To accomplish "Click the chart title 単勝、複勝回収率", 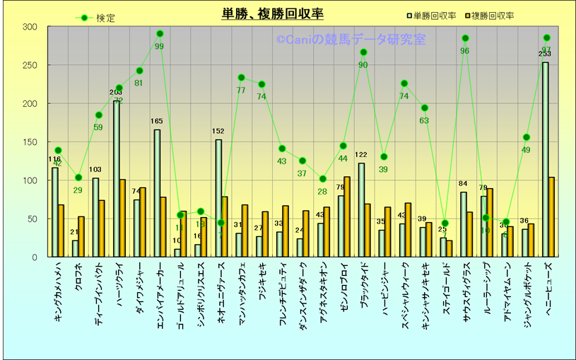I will (272, 13).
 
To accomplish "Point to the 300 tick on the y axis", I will (30, 27).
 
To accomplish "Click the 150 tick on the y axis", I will (30, 142).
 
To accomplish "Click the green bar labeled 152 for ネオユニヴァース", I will (218, 198).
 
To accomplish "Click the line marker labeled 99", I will (160, 33).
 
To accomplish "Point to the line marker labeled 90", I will (363, 52).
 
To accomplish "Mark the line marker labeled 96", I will (465, 38).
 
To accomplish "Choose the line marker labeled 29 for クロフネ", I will (78, 178).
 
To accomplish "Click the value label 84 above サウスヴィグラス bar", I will (464, 185).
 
